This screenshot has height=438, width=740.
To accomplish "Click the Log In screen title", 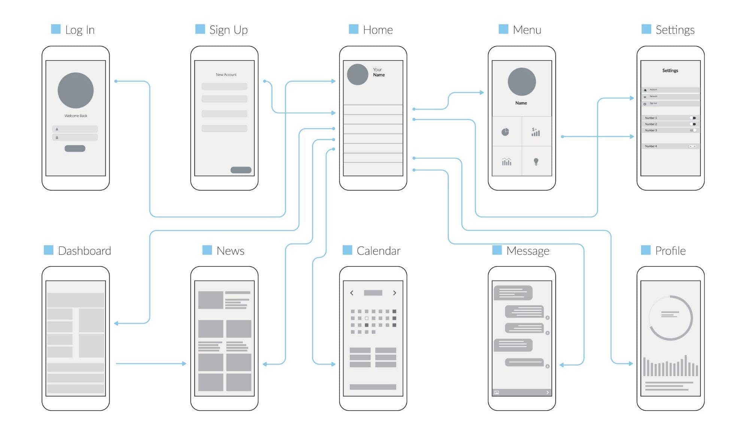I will point(79,30).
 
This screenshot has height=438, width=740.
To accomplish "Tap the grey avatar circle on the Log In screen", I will point(76,90).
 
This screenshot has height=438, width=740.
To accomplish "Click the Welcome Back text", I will point(76,116).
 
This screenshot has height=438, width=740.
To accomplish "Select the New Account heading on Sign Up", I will point(226,75).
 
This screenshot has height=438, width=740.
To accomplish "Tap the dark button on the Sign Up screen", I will point(241,170).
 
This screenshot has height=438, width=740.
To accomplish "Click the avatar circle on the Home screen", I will point(358,74).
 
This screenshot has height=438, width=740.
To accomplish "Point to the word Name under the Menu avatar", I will point(521,103).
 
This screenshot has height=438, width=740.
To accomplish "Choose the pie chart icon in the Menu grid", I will point(505,132).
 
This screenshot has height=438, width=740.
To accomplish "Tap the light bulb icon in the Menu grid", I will point(536,162).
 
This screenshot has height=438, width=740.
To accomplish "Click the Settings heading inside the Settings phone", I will point(670,70).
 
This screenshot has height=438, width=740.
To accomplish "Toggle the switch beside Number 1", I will point(693,118).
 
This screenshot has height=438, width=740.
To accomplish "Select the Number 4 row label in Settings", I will point(651,146).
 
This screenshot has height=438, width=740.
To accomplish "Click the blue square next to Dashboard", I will point(49,250).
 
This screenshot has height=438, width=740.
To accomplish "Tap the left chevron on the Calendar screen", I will point(352,293).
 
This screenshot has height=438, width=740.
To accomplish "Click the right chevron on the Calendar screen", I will point(394,293).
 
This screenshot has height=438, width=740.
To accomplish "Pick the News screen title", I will point(230,250).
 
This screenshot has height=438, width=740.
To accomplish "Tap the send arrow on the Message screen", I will point(547,392).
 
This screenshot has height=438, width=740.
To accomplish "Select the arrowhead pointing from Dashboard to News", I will point(184,363).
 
